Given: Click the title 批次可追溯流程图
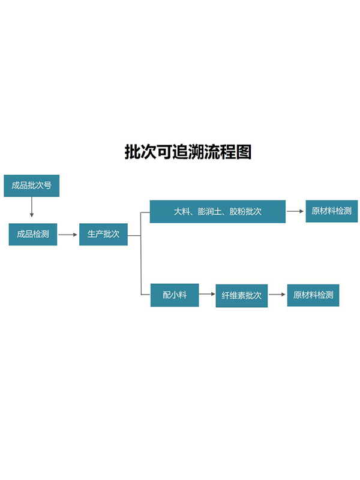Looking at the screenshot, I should click(x=187, y=152).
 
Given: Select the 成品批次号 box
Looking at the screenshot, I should click(x=31, y=185).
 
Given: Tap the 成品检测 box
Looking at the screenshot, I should click(x=33, y=234).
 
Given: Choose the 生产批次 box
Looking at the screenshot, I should click(x=103, y=234).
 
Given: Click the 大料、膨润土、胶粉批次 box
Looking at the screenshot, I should click(x=217, y=212).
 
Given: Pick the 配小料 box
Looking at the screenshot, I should click(x=175, y=295).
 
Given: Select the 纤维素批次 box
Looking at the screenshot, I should click(x=241, y=296).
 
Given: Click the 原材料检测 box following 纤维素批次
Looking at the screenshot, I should click(x=313, y=295).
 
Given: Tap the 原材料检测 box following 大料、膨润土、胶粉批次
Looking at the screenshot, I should click(x=331, y=211).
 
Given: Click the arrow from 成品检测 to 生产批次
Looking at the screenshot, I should click(x=68, y=234).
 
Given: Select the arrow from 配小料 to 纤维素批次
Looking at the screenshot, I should click(x=207, y=295).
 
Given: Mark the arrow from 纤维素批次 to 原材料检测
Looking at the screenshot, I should click(x=277, y=295).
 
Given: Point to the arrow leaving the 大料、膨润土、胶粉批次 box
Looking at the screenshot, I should click(x=295, y=211).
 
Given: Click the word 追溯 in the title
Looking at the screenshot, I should click(x=179, y=152).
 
